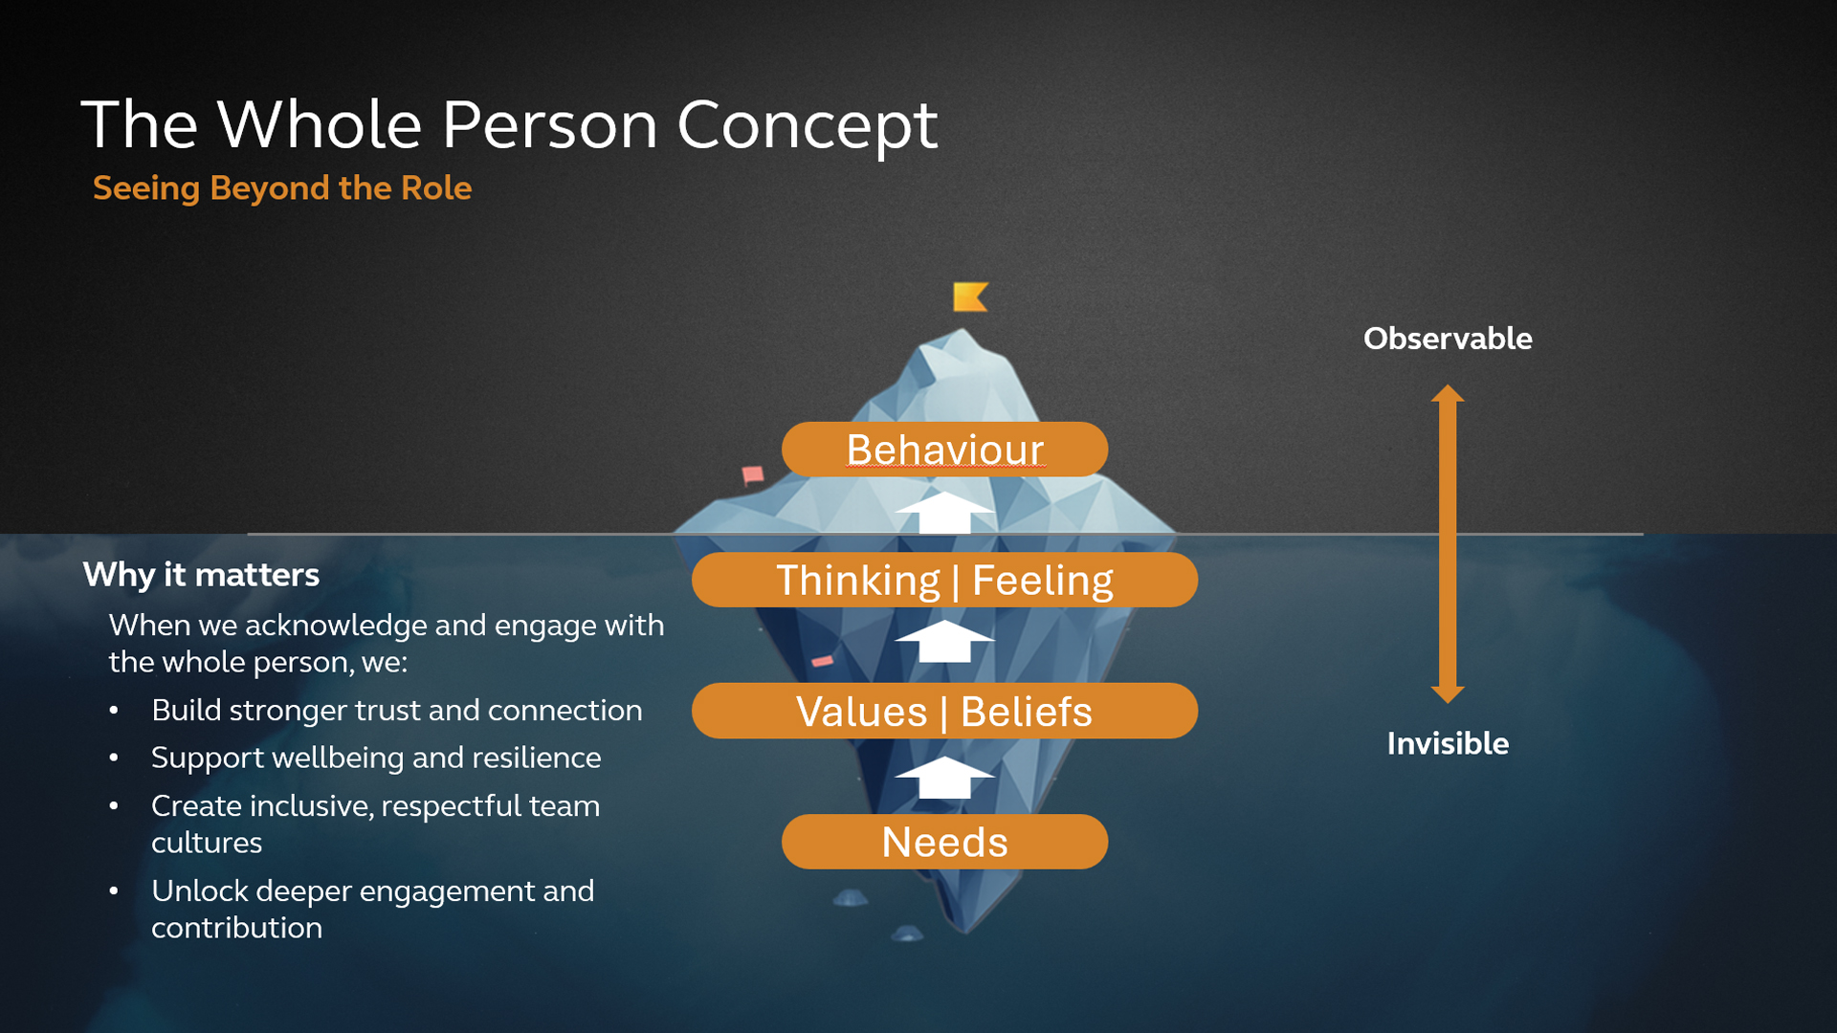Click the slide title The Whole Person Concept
click(x=509, y=125)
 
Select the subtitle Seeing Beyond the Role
click(x=282, y=188)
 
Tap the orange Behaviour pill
click(x=944, y=450)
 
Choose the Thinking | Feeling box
click(x=944, y=580)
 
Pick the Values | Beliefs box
click(x=944, y=711)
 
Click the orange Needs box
click(x=944, y=842)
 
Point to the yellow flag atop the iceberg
click(x=970, y=297)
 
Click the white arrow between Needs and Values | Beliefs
click(x=944, y=777)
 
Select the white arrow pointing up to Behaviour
click(x=944, y=513)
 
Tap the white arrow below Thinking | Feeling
click(x=944, y=641)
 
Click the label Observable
click(x=1448, y=339)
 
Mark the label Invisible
click(x=1448, y=743)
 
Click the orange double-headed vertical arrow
click(x=1448, y=543)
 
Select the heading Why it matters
click(x=201, y=575)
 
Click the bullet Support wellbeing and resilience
click(x=376, y=758)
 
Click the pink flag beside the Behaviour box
click(x=753, y=474)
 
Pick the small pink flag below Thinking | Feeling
click(x=822, y=661)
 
